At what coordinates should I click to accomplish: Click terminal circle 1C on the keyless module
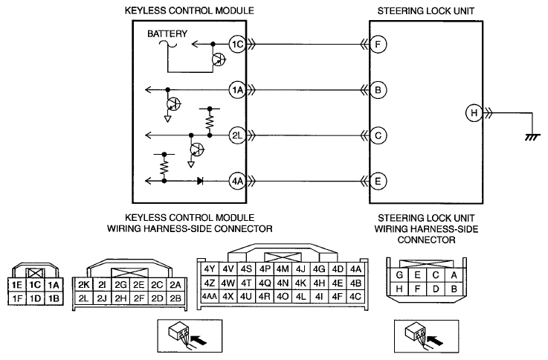238,45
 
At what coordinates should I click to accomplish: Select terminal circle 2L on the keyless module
238,135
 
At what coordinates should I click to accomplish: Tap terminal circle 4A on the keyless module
238,181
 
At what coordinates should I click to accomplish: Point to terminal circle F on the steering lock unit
378,45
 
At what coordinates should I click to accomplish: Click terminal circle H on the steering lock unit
474,113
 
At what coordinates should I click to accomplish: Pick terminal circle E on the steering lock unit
378,181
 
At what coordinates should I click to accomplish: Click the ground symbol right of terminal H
532,137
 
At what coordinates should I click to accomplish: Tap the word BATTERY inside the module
167,33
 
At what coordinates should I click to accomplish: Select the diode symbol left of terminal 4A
200,181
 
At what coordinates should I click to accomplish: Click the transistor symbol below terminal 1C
219,60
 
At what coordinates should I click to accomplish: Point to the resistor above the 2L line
210,122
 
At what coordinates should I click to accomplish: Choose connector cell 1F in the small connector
17,298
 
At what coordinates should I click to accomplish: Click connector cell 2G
120,285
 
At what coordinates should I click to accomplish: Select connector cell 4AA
210,296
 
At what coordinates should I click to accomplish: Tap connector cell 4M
283,269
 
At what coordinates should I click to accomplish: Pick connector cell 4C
355,296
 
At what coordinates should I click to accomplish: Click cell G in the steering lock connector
399,275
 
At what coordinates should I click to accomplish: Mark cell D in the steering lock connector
436,289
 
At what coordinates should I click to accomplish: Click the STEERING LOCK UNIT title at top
425,11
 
